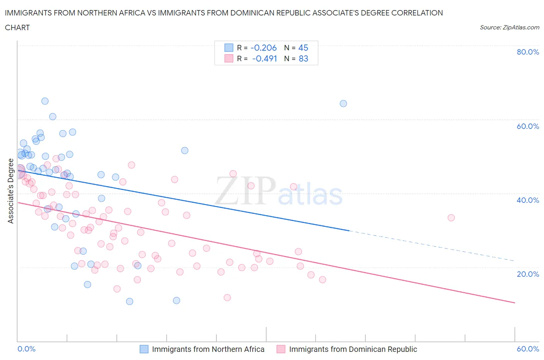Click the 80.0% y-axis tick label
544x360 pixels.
(528, 52)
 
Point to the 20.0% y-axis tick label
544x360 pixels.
(528, 274)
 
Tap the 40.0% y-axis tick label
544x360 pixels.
(528, 200)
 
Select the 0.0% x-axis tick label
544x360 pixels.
(27, 349)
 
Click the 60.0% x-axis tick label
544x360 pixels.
(528, 349)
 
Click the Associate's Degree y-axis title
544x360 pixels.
(11, 191)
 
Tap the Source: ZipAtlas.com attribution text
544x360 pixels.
(509, 27)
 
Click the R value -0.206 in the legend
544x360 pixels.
(263, 48)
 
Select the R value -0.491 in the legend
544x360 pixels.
(264, 58)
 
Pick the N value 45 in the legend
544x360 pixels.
(303, 48)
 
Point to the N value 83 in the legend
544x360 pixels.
(303, 58)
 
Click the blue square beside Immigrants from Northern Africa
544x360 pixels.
(144, 349)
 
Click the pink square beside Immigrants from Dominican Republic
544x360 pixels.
(281, 349)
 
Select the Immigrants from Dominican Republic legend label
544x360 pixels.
(353, 349)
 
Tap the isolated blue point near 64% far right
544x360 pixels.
(343, 103)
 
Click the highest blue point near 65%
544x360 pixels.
(45, 101)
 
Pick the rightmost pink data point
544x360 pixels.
(451, 218)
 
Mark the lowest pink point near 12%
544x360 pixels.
(227, 297)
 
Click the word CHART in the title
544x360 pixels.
(17, 27)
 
